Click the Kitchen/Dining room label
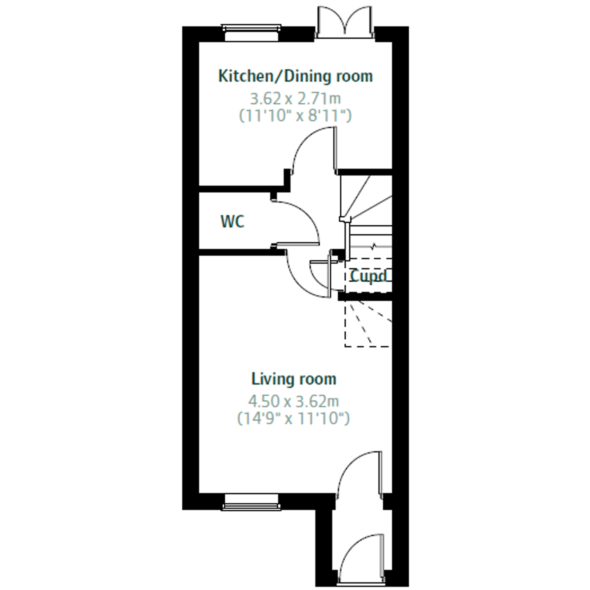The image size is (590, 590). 295,76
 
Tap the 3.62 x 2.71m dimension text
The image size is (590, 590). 295,99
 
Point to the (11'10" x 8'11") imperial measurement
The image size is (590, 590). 295,116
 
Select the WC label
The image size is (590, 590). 233,221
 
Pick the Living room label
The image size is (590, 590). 294,379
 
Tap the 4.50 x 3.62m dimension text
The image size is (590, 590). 294,401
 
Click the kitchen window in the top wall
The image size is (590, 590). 251,32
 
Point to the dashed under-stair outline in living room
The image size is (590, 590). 368,324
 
